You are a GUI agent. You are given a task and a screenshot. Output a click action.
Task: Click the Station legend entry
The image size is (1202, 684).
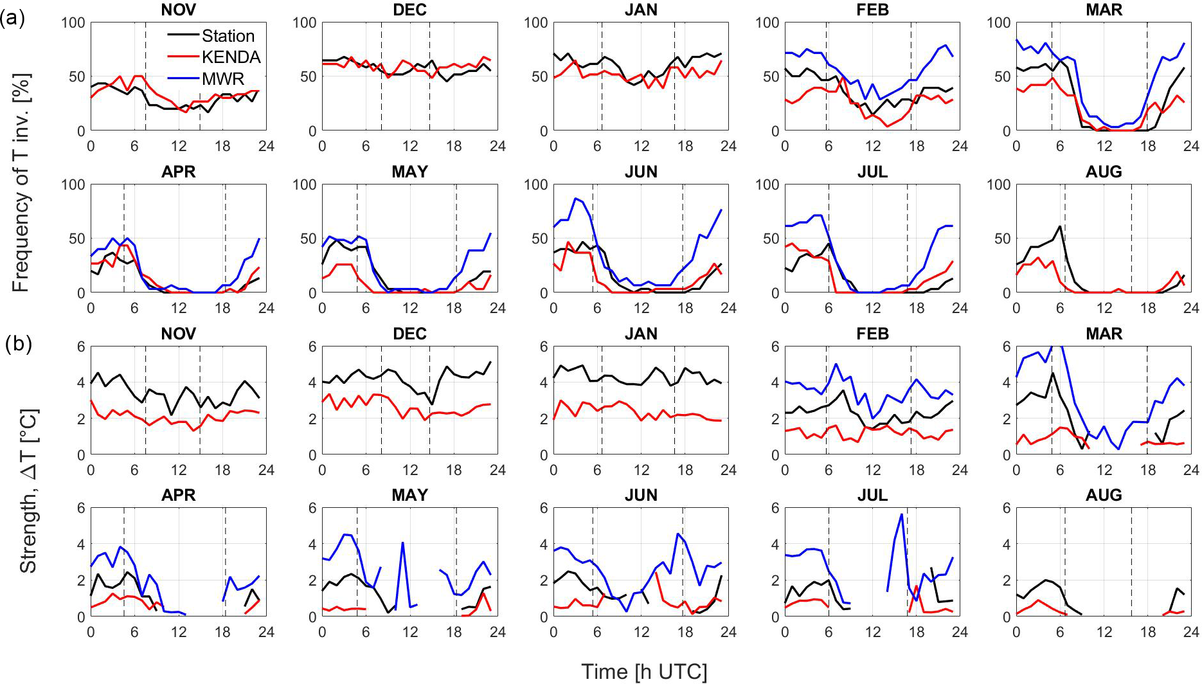[228, 36]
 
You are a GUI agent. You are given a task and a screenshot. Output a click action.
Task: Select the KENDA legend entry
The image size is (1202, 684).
[231, 57]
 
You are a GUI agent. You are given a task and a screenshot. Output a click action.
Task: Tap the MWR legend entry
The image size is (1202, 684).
[222, 78]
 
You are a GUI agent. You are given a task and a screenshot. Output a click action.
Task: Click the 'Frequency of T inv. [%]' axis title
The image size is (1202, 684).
[21, 183]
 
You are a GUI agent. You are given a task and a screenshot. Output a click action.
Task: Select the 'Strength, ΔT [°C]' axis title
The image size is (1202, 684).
[28, 491]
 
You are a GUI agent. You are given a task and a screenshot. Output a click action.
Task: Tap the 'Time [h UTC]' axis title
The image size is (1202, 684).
[643, 672]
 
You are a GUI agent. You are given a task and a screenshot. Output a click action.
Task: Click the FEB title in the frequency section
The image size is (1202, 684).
[872, 10]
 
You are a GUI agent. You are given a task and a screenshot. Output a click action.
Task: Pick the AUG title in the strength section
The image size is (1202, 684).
[1104, 495]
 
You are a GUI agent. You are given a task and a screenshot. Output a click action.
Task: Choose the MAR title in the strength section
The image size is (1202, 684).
[1104, 334]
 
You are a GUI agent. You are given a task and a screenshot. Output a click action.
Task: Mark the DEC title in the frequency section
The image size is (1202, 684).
[409, 10]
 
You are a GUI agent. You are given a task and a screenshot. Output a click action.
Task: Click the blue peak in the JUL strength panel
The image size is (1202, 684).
[902, 514]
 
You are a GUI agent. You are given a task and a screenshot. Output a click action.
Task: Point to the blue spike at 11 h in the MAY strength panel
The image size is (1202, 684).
[402, 543]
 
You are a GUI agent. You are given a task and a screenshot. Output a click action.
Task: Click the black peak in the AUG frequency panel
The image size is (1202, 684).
[1059, 226]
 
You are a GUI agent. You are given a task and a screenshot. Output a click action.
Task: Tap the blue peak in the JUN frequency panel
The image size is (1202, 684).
[575, 199]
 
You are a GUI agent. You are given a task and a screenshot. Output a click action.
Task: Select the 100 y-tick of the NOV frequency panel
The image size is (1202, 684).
[73, 22]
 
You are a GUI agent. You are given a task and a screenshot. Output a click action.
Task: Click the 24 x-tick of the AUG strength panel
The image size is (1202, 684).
[1191, 632]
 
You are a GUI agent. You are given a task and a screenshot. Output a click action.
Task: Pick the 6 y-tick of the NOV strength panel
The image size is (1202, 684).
[80, 346]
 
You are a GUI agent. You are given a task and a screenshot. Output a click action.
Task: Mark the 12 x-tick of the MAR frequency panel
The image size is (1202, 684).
[1104, 146]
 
